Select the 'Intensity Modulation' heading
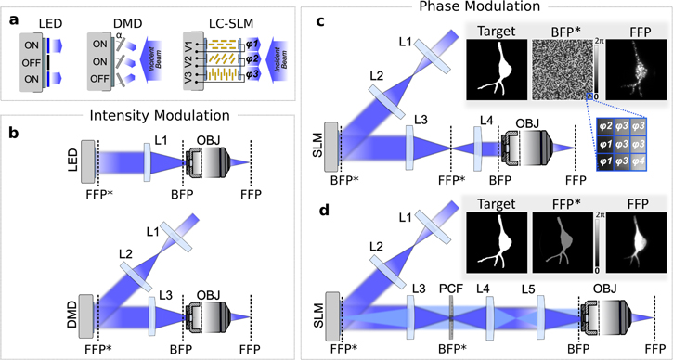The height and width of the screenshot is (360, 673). [155, 118]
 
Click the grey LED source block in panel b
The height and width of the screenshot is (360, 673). [89, 163]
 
